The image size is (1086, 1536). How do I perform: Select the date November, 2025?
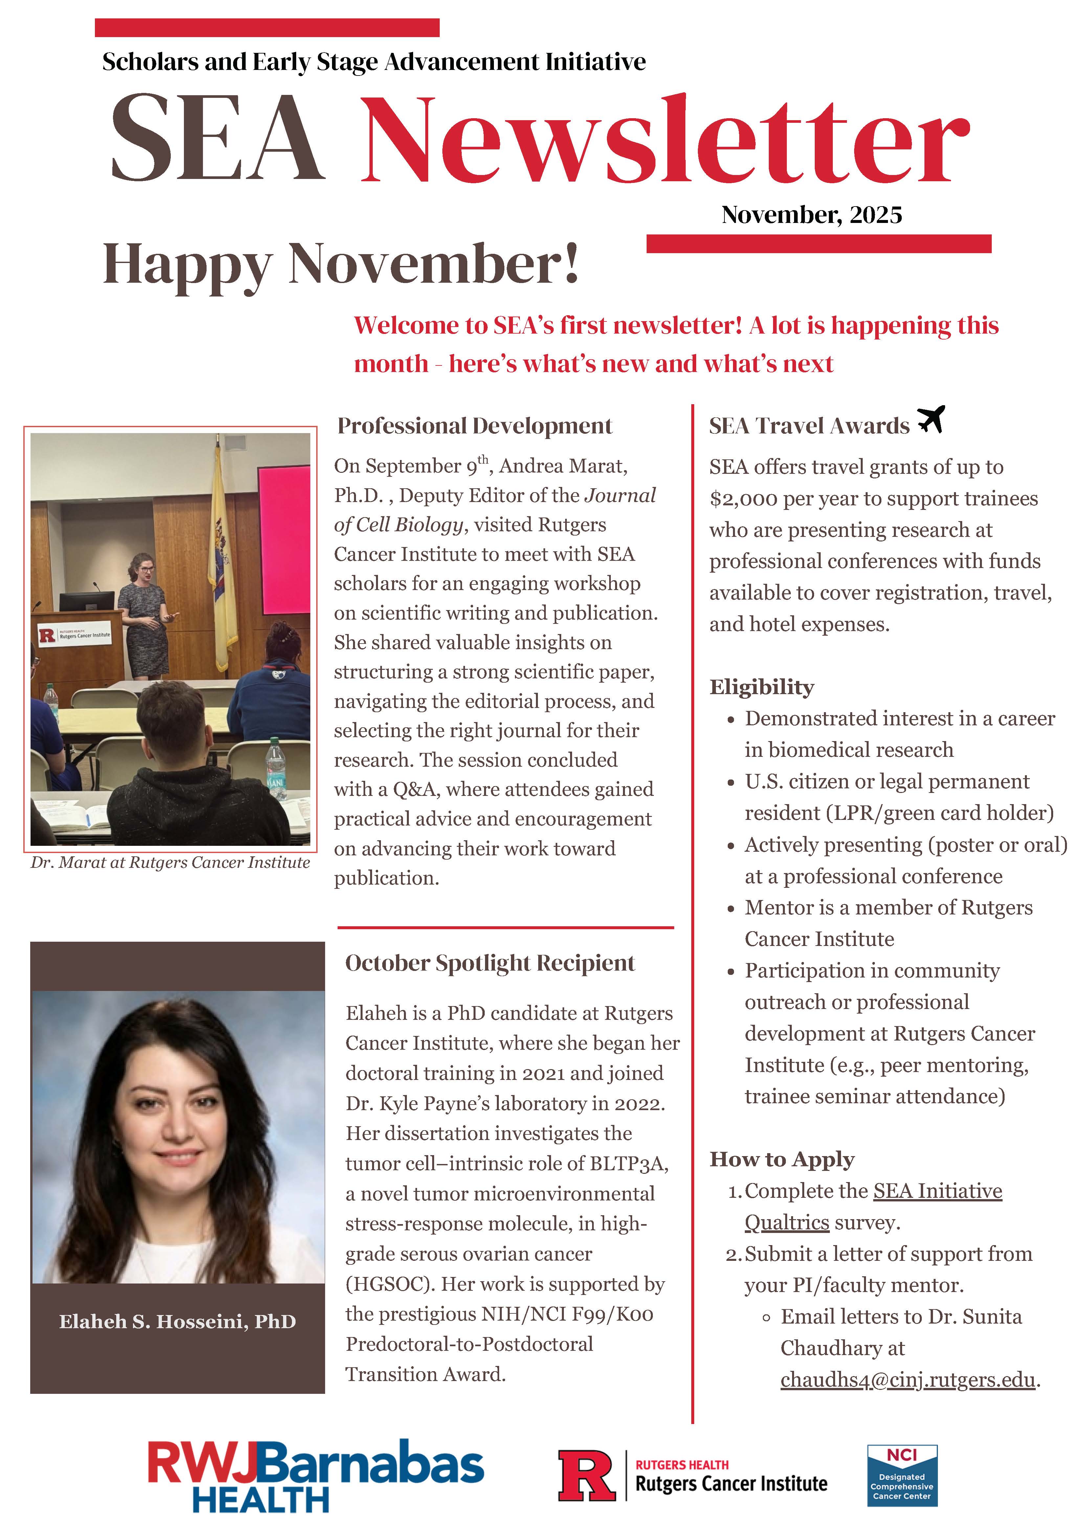(812, 215)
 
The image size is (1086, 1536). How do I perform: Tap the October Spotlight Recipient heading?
(490, 963)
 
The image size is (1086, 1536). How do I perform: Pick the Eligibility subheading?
(762, 687)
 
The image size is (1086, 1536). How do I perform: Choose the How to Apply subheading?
(782, 1159)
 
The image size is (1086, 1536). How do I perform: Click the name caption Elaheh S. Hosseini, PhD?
(177, 1321)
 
